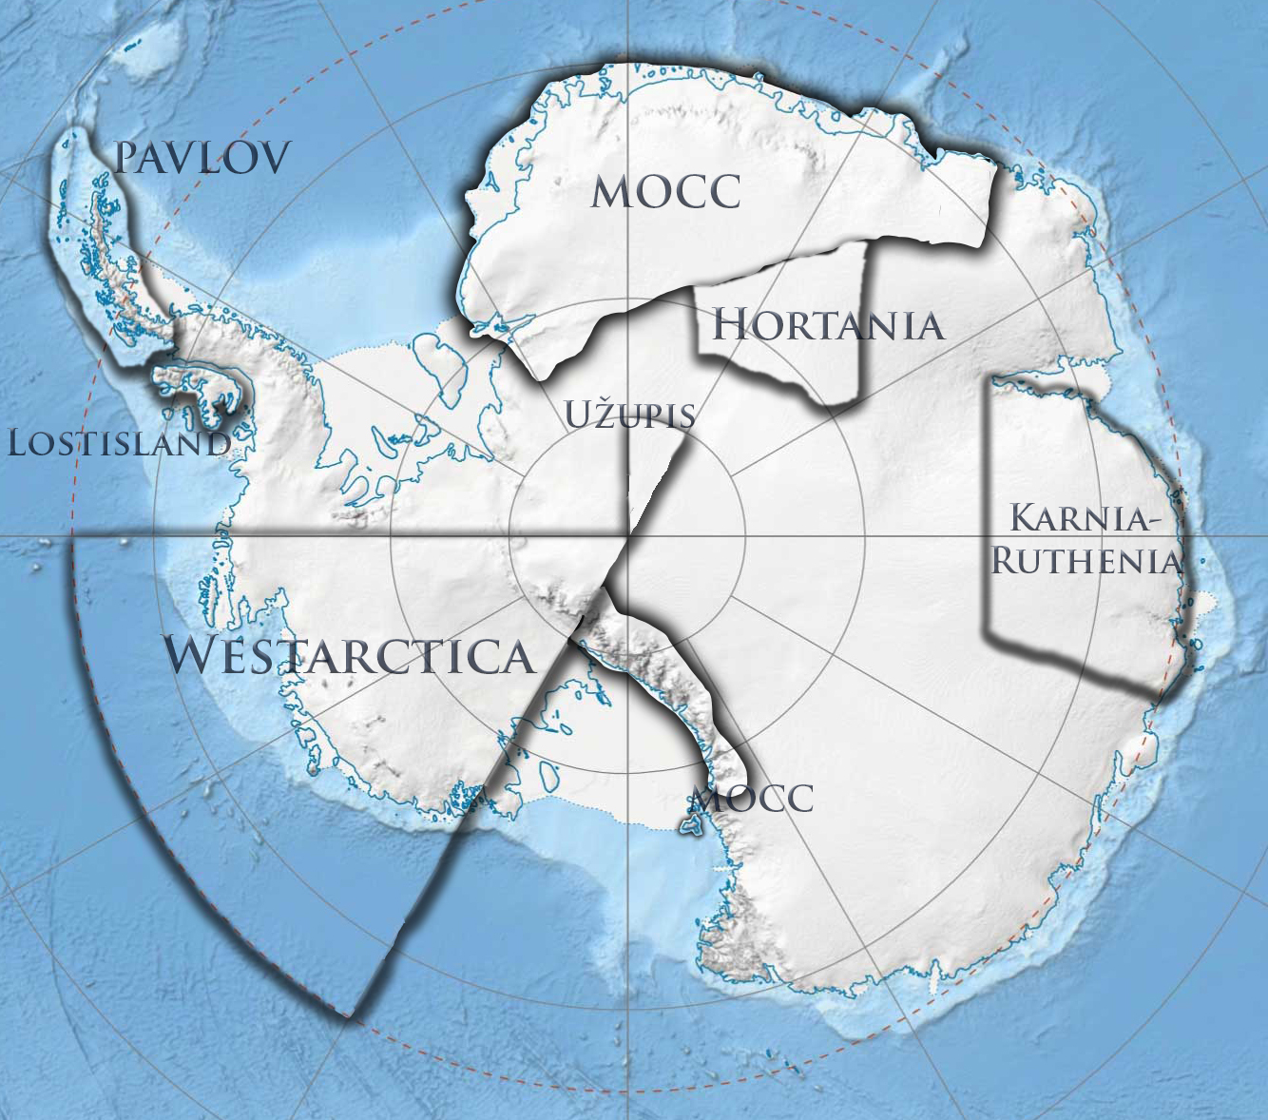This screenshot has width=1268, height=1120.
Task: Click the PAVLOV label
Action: tap(202, 159)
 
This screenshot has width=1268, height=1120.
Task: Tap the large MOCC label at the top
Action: tap(665, 192)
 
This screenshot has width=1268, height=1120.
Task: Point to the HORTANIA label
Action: tap(828, 325)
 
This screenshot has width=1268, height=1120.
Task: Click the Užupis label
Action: tap(630, 415)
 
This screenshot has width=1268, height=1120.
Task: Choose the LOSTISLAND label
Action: tap(119, 443)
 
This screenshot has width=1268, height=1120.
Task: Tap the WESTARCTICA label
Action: tap(350, 656)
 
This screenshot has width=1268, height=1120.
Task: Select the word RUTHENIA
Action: tap(1085, 561)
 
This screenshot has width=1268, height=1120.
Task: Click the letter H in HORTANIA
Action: tap(730, 325)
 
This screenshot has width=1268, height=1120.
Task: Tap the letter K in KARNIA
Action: tap(1025, 520)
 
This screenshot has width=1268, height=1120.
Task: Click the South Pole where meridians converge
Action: tap(627, 536)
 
